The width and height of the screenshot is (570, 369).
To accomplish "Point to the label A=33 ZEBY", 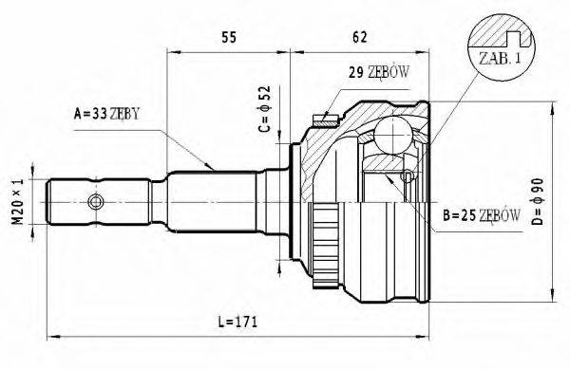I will (106, 115).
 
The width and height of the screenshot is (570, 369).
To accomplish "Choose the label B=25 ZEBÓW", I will (481, 217).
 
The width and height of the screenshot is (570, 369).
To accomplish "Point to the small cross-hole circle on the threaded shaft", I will (95, 202).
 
